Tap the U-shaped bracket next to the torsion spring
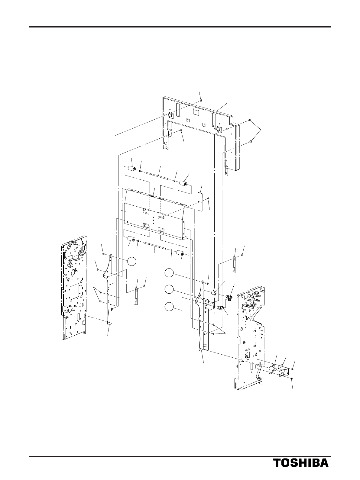point(284,370)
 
